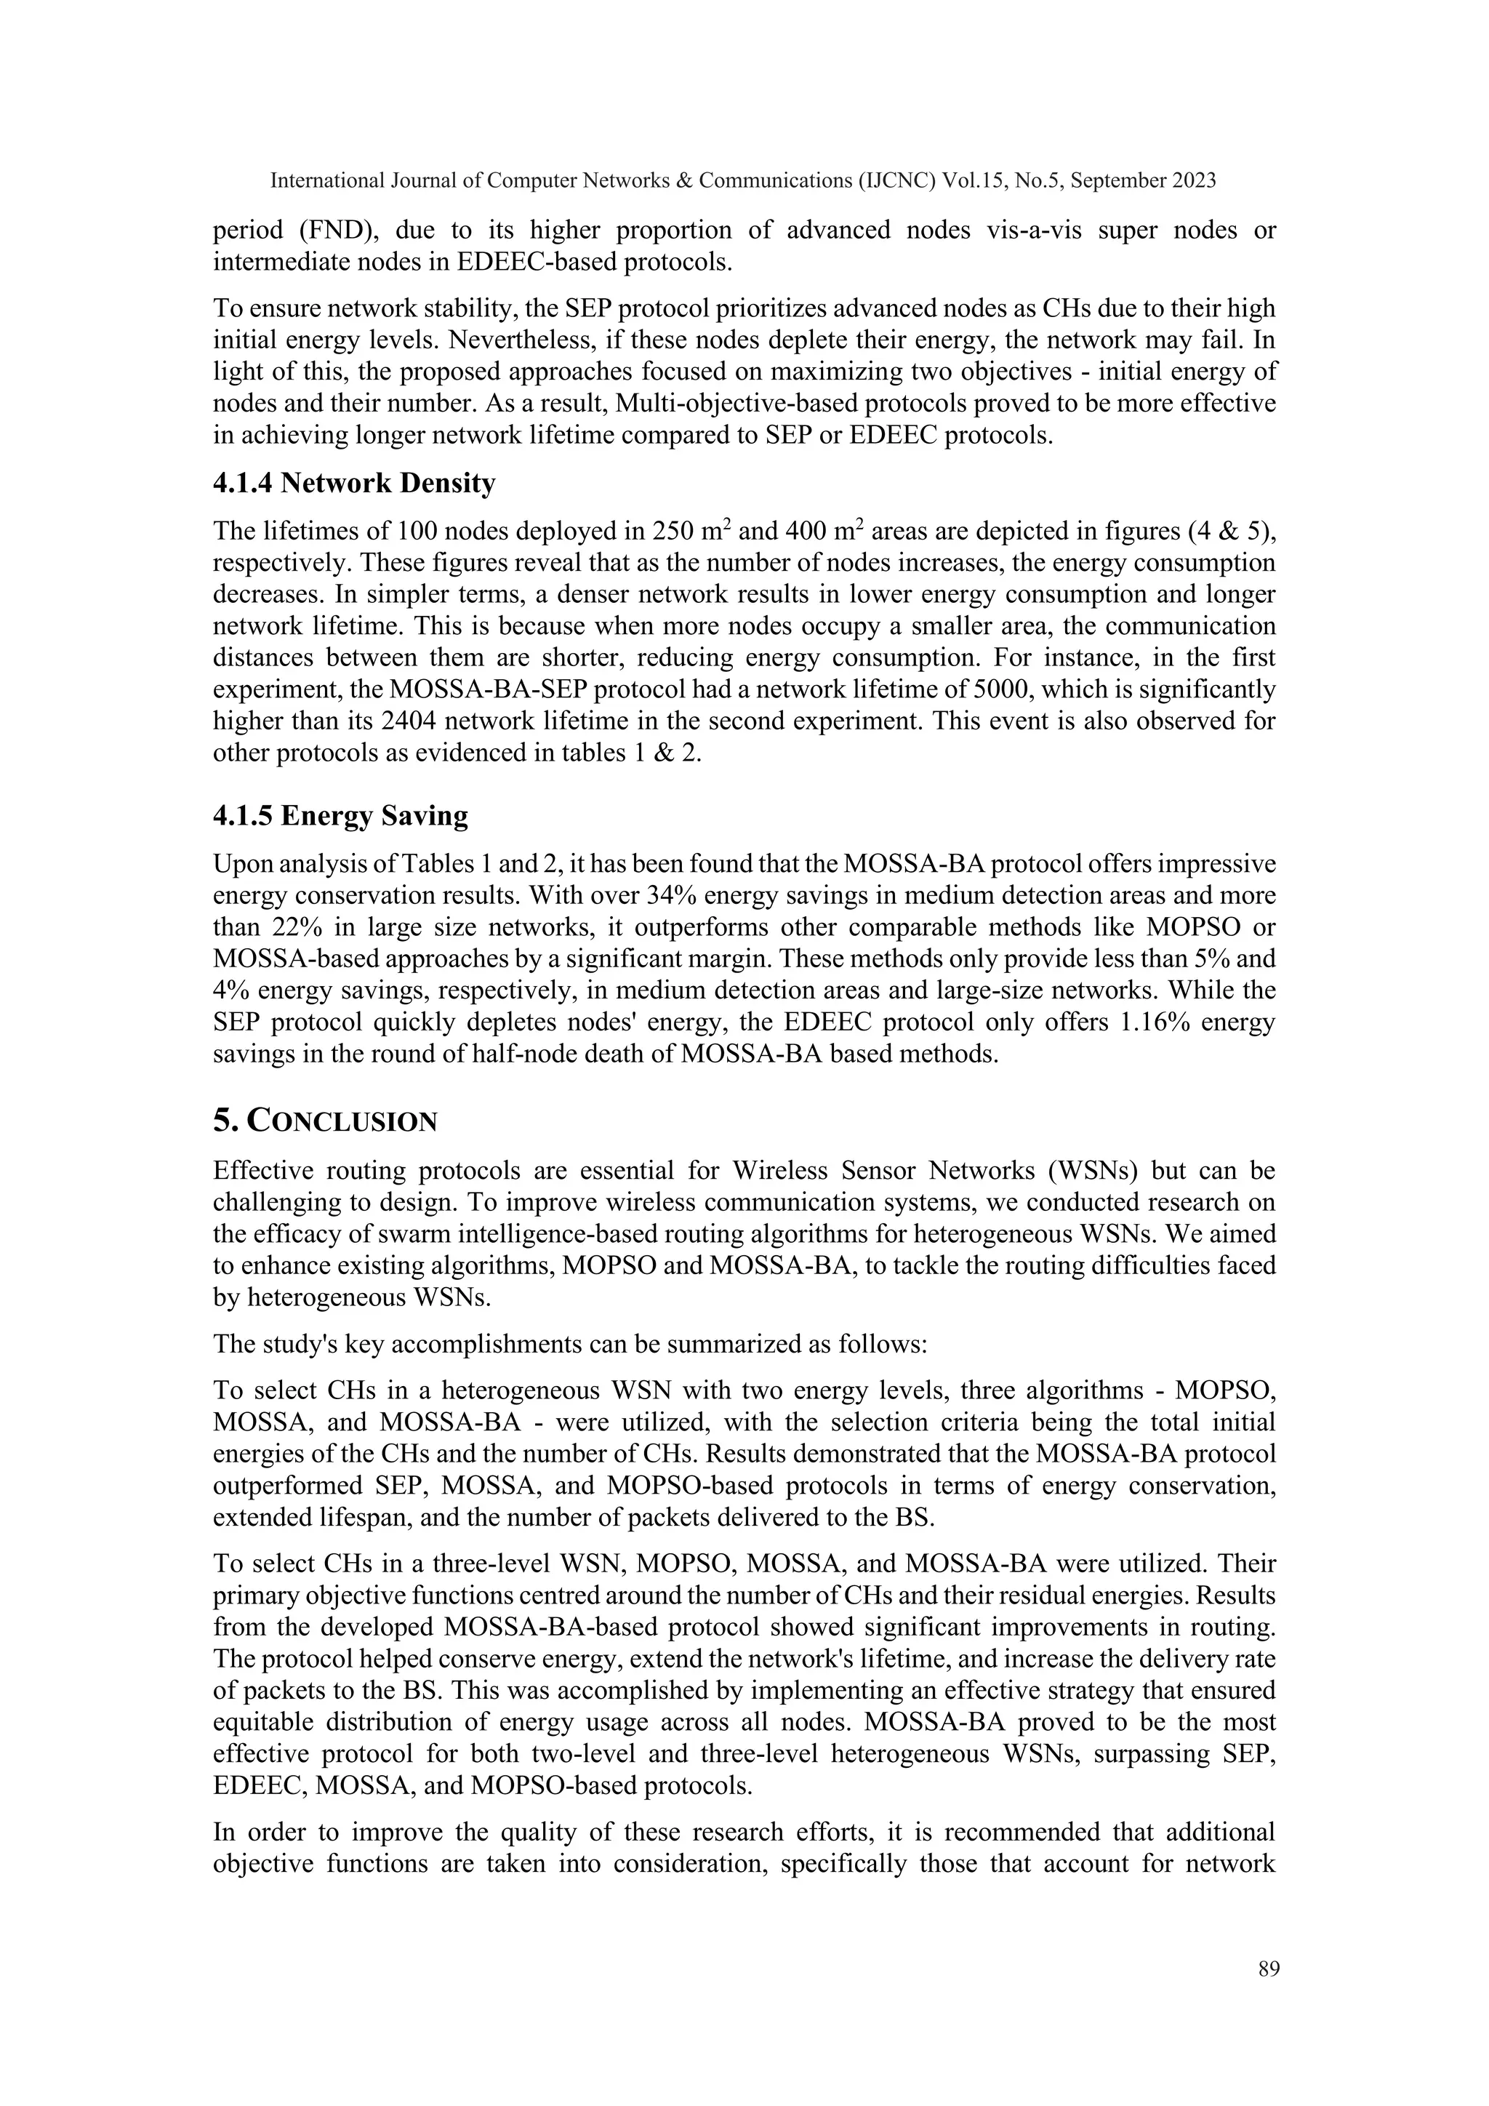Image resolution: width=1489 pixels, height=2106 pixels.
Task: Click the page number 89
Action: tap(1269, 1969)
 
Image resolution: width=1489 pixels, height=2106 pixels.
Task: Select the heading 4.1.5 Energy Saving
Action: tap(340, 815)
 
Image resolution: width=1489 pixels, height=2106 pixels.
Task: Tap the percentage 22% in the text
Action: tap(294, 927)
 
